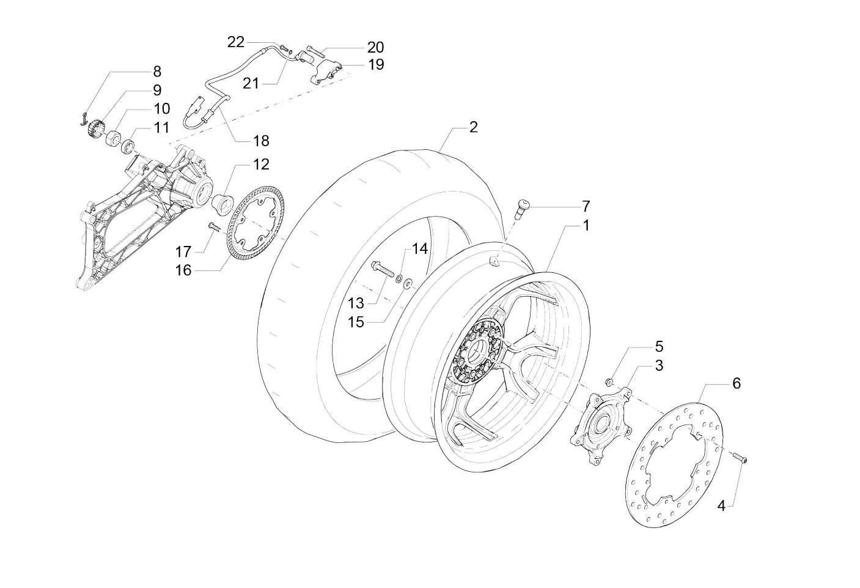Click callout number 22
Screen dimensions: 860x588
tap(236, 42)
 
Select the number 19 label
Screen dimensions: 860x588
tap(376, 65)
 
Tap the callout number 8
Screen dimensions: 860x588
tap(157, 72)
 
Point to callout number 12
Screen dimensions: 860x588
tap(261, 165)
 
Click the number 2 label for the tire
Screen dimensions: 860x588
tap(473, 127)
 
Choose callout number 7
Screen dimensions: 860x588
tap(586, 206)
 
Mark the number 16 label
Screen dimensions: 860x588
tap(183, 270)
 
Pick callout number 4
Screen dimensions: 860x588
tap(721, 506)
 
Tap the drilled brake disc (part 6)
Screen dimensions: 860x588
tap(674, 464)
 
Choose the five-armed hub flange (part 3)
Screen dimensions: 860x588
tap(601, 426)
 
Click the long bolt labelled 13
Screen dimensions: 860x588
tap(383, 269)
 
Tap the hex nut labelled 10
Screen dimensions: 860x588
tap(113, 137)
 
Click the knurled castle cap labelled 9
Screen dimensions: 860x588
tap(95, 128)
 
